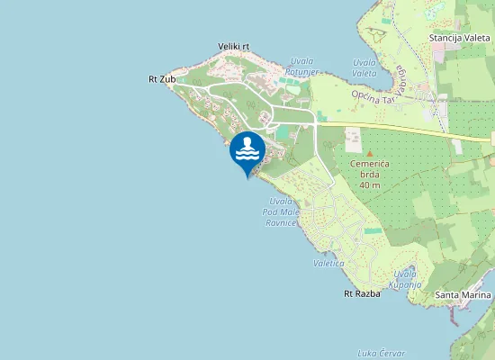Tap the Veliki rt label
pos(233,46)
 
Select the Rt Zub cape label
pos(162,79)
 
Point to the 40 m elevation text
pos(369,185)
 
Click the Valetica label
pos(328,263)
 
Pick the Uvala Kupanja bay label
pos(405,278)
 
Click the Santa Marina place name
pos(463,295)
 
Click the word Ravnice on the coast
pos(281,221)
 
